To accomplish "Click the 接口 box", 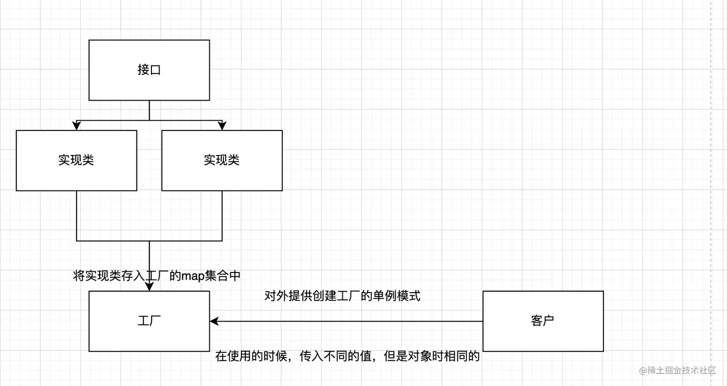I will click(x=149, y=84).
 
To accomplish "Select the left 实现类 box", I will click(x=76, y=173).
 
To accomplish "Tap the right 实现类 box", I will click(x=222, y=173).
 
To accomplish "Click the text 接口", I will click(x=149, y=70).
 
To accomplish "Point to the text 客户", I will click(x=543, y=321).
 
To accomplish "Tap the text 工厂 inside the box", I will click(x=149, y=321).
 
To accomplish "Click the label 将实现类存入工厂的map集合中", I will click(x=156, y=276).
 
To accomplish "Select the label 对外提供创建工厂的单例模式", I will click(x=342, y=296).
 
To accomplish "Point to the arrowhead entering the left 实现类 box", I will click(x=76, y=126).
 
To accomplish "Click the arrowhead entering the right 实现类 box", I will click(x=222, y=126).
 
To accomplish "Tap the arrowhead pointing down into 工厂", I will click(x=149, y=286).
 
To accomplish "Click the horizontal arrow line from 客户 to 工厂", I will click(x=346, y=321).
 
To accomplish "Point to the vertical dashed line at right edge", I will click(x=711, y=193).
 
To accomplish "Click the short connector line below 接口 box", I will click(x=149, y=110).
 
